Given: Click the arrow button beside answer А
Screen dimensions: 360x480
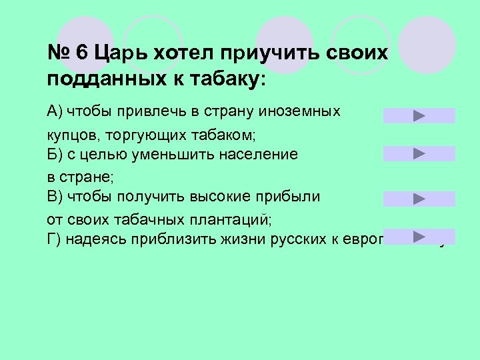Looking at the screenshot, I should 419,116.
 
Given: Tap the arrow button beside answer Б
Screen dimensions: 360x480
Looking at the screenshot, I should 419,154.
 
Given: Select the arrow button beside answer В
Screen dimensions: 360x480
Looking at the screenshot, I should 419,199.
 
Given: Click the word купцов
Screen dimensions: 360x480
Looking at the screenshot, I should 71,135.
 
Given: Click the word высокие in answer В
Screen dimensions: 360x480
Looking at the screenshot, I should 225,197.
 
